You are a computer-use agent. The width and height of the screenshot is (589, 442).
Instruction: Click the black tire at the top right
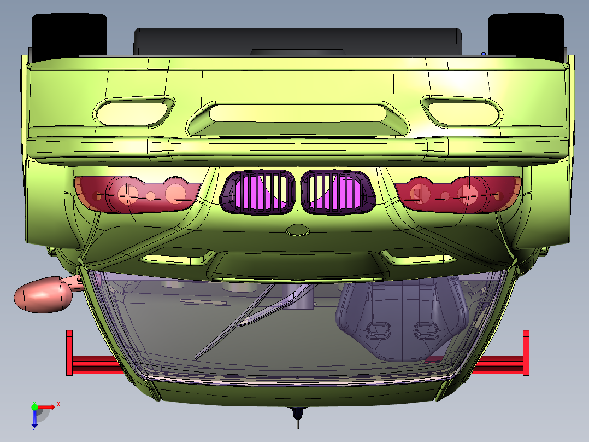click(x=526, y=33)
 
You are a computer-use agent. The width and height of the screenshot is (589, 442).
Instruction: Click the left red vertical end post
click(x=69, y=353)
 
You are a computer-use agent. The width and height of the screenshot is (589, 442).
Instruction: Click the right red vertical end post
click(x=526, y=353)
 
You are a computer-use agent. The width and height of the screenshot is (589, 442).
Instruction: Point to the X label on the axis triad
click(x=58, y=404)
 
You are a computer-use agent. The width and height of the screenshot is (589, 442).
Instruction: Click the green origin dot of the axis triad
click(x=34, y=407)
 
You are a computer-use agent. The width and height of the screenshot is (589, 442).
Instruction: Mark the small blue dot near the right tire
click(x=484, y=53)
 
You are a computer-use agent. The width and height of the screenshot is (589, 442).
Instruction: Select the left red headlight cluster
click(x=137, y=193)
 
